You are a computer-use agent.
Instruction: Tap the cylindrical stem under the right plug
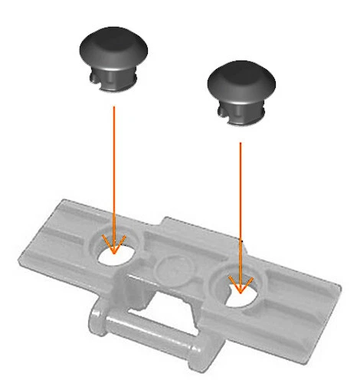pos(244,112)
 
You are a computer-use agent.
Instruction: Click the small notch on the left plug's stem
pos(95,77)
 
